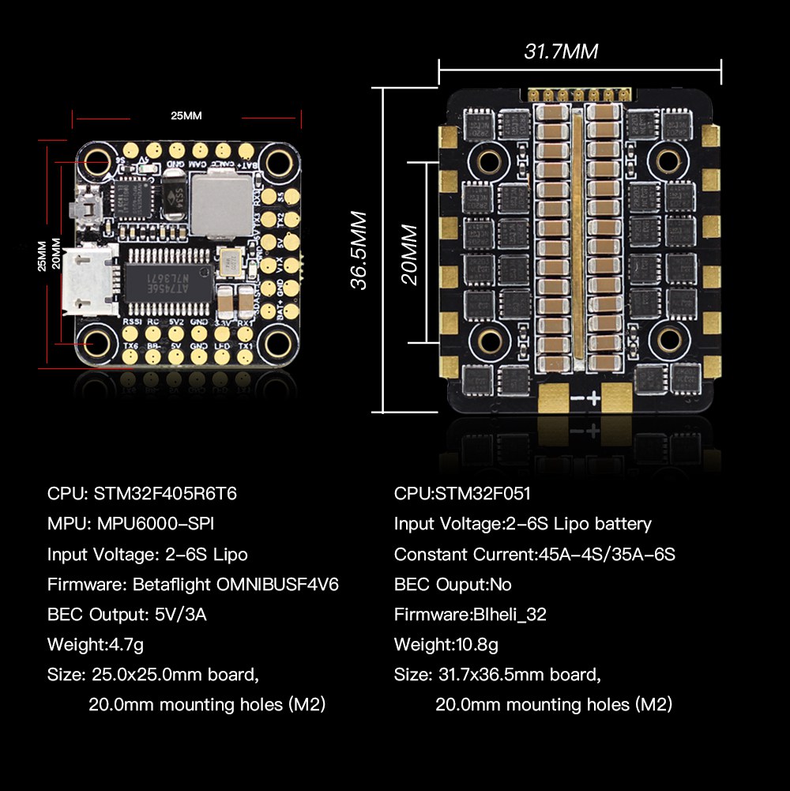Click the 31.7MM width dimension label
561,52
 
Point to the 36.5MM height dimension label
359,250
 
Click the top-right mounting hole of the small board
278,163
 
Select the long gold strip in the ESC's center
578,237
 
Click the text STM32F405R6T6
165,494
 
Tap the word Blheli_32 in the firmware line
509,614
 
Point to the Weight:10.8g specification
446,644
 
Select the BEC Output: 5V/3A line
126,614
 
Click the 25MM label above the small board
186,115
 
